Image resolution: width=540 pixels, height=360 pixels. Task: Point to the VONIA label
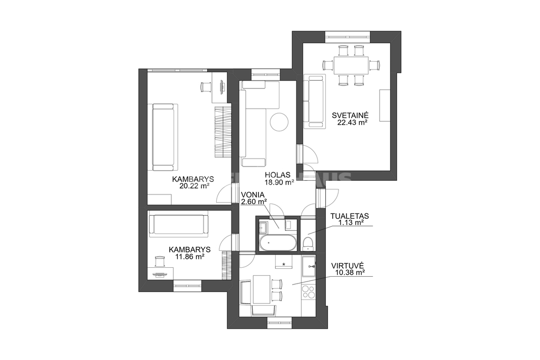tap(253, 194)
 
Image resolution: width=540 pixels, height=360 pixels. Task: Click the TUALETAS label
tap(350, 216)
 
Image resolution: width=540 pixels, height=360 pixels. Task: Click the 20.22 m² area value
tap(195, 186)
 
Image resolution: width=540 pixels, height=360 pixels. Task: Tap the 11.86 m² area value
tap(190, 257)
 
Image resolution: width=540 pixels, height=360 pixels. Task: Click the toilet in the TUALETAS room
tap(307, 243)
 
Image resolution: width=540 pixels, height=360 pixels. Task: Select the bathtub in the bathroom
tap(277, 244)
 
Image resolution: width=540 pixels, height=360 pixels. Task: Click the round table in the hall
tap(278, 122)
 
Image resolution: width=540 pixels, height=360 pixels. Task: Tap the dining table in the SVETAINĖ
tap(351, 65)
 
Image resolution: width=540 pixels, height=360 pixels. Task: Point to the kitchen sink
tap(309, 266)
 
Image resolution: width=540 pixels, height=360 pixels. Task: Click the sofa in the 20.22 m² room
tap(163, 138)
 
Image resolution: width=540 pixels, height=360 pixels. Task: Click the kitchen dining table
tap(262, 289)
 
